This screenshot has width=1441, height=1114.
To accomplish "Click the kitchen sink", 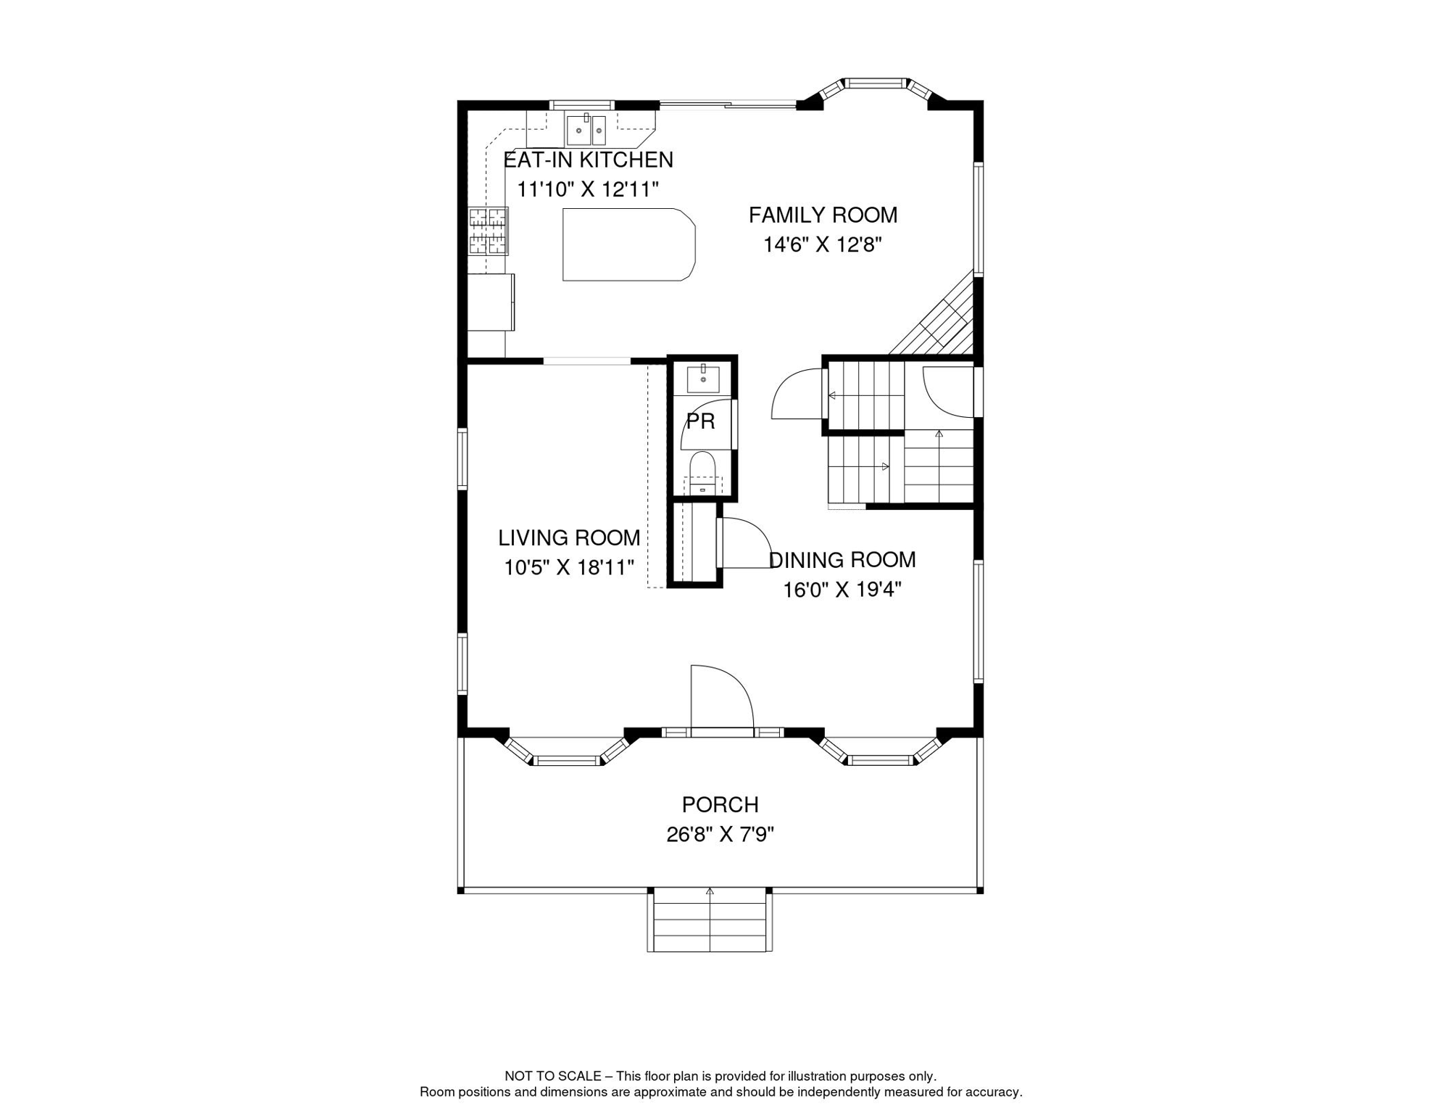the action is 586,130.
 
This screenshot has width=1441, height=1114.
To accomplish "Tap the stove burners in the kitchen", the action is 488,231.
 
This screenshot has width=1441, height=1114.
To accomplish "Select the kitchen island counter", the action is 629,244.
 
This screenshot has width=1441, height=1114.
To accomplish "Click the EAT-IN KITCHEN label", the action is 588,160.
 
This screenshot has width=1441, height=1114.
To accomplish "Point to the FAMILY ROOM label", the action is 823,215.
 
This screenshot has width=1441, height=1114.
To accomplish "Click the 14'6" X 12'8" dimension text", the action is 823,245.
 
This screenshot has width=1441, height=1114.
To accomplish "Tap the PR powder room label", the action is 700,421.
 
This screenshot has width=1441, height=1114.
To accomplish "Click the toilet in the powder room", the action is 702,473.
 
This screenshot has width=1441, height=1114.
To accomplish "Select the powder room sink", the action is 703,379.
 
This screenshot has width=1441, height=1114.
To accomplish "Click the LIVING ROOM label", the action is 569,537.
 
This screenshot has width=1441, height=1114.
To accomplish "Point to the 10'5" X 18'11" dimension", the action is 569,567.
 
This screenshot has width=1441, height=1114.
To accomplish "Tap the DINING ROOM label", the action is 842,559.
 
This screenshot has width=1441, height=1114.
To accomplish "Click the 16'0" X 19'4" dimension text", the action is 842,590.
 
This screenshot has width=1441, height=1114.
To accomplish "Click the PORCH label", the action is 720,804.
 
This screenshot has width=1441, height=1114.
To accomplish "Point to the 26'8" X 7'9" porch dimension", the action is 720,835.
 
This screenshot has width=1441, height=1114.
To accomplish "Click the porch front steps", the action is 710,920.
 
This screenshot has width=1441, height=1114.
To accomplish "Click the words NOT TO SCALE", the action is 553,1076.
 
